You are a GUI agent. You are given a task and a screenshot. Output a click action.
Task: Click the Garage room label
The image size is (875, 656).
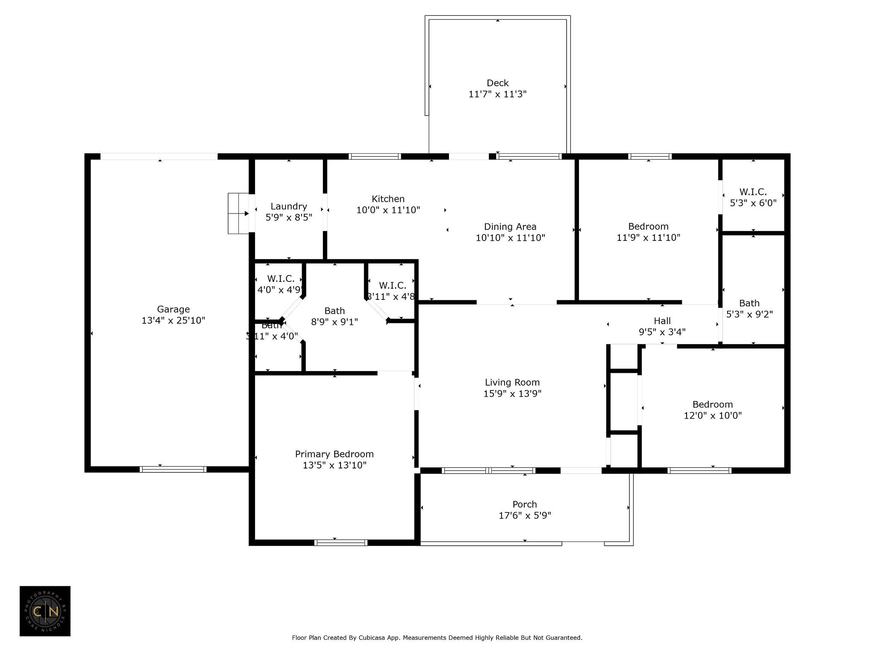click(x=173, y=309)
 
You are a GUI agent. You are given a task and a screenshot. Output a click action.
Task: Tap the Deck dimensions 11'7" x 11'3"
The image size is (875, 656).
click(x=497, y=94)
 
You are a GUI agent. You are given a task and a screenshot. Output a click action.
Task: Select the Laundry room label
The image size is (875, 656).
click(x=289, y=207)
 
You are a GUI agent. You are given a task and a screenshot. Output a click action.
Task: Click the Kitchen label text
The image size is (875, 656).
click(x=388, y=199)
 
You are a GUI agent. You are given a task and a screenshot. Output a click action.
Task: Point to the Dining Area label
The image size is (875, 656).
click(x=510, y=227)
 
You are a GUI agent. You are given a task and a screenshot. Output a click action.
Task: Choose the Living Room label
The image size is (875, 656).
click(x=512, y=383)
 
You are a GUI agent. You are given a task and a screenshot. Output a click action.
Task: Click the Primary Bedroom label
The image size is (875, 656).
click(x=334, y=454)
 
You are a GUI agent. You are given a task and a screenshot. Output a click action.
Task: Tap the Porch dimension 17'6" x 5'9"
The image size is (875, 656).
click(x=525, y=515)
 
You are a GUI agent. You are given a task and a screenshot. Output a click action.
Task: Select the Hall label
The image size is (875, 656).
click(x=662, y=321)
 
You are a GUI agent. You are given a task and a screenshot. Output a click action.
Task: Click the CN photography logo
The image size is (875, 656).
click(x=45, y=611)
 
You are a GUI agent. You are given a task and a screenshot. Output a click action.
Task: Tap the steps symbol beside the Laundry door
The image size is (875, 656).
click(x=238, y=214)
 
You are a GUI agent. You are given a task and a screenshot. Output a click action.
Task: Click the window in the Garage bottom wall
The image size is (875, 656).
click(x=173, y=469)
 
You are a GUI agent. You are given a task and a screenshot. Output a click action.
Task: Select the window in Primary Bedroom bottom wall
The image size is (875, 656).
click(x=341, y=543)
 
